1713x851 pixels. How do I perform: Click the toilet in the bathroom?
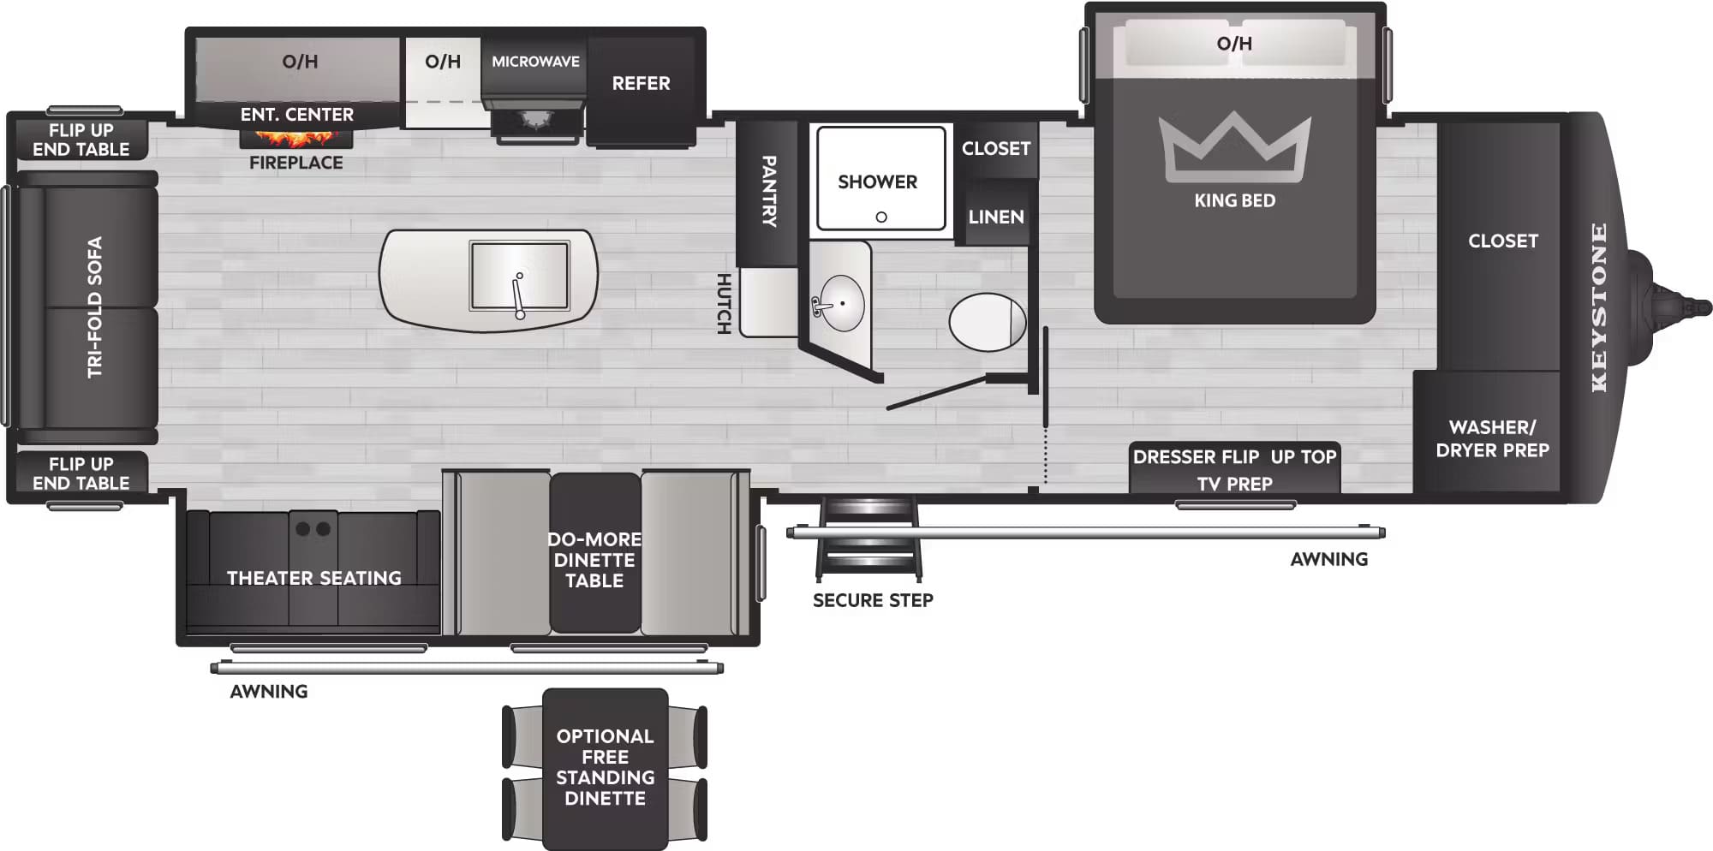987,322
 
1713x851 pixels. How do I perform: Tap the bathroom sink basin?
841,303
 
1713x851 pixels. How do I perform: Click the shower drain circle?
881,217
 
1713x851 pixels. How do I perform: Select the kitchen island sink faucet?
518,295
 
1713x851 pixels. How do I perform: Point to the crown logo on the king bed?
1234,147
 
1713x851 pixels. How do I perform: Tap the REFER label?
641,84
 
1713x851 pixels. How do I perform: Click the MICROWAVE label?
535,62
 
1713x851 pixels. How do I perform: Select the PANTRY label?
768,191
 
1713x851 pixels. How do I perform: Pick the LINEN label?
996,217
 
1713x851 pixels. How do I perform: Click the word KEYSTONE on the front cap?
1599,307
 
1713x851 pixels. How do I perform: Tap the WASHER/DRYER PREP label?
1492,438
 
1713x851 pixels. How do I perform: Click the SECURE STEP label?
873,600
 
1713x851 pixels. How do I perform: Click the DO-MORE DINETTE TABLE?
594,559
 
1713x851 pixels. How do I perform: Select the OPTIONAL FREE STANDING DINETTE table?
605,767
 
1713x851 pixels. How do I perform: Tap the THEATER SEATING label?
313,578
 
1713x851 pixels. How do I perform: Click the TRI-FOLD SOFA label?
94,307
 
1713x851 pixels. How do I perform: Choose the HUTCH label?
724,303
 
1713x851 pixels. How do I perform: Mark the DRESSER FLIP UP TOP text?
1234,457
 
